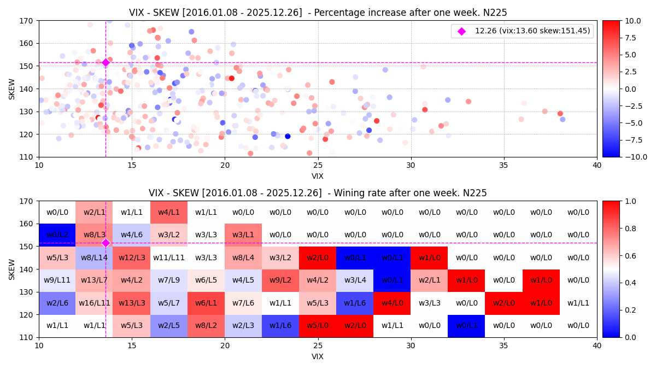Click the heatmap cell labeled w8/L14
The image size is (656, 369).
95,257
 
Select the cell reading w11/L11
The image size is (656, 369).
169,257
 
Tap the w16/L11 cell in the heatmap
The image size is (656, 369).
95,303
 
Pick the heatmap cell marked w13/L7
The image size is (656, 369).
95,280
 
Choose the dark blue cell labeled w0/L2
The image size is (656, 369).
57,235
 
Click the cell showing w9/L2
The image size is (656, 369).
280,280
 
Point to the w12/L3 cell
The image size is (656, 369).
132,257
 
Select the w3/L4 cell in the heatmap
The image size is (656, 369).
355,280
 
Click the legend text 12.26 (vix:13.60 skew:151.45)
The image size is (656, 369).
532,31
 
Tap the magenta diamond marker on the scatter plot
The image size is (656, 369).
106,63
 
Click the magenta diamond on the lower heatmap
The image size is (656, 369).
106,243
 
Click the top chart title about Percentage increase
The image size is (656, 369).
318,13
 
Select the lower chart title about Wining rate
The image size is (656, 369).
318,193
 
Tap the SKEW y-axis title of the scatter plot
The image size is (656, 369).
12,89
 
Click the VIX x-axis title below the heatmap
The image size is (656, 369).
318,356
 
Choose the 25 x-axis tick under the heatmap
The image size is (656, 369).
318,346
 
